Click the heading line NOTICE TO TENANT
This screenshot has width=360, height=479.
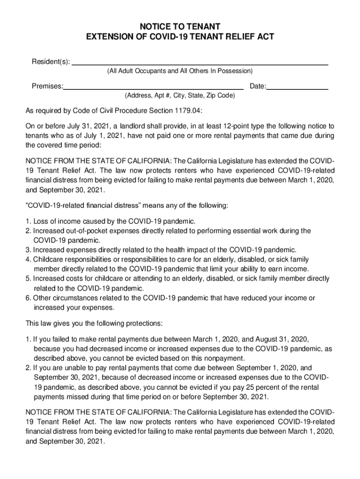(180, 26)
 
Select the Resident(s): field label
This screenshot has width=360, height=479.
(50, 62)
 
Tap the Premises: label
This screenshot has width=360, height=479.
(47, 87)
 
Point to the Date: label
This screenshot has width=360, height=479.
(258, 87)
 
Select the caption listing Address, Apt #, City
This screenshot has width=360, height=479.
(180, 95)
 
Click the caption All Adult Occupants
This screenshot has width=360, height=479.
(180, 71)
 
